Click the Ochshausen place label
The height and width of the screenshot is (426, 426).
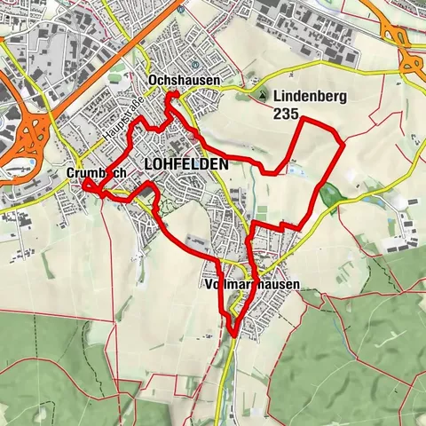(x=177, y=80)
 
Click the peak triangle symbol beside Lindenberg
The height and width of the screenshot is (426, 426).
(x=264, y=96)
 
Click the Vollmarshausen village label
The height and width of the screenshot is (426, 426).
(x=252, y=285)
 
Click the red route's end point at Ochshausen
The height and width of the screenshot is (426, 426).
(x=175, y=94)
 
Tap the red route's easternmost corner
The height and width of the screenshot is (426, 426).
(x=343, y=142)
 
